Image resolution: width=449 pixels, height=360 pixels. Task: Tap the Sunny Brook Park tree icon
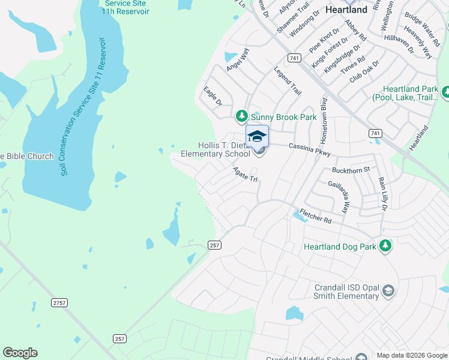click(x=241, y=115)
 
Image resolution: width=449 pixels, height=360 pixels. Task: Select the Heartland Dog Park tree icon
click(x=385, y=246)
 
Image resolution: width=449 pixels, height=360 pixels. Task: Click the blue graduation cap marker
click(x=257, y=136)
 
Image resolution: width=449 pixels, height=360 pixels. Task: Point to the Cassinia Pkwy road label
click(x=309, y=149)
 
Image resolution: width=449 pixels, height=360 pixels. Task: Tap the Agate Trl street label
click(x=245, y=175)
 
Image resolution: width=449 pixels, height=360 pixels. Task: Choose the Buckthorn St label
click(x=352, y=170)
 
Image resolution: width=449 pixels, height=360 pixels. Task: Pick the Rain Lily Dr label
click(x=381, y=193)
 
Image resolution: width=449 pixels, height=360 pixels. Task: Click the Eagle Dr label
click(x=212, y=97)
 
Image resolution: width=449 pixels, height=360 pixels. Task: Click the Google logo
click(x=20, y=353)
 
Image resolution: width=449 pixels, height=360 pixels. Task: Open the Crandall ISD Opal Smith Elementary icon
click(x=388, y=292)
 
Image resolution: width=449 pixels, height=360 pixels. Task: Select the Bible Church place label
click(x=26, y=156)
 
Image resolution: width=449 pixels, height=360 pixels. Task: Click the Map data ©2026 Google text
click(x=412, y=355)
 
